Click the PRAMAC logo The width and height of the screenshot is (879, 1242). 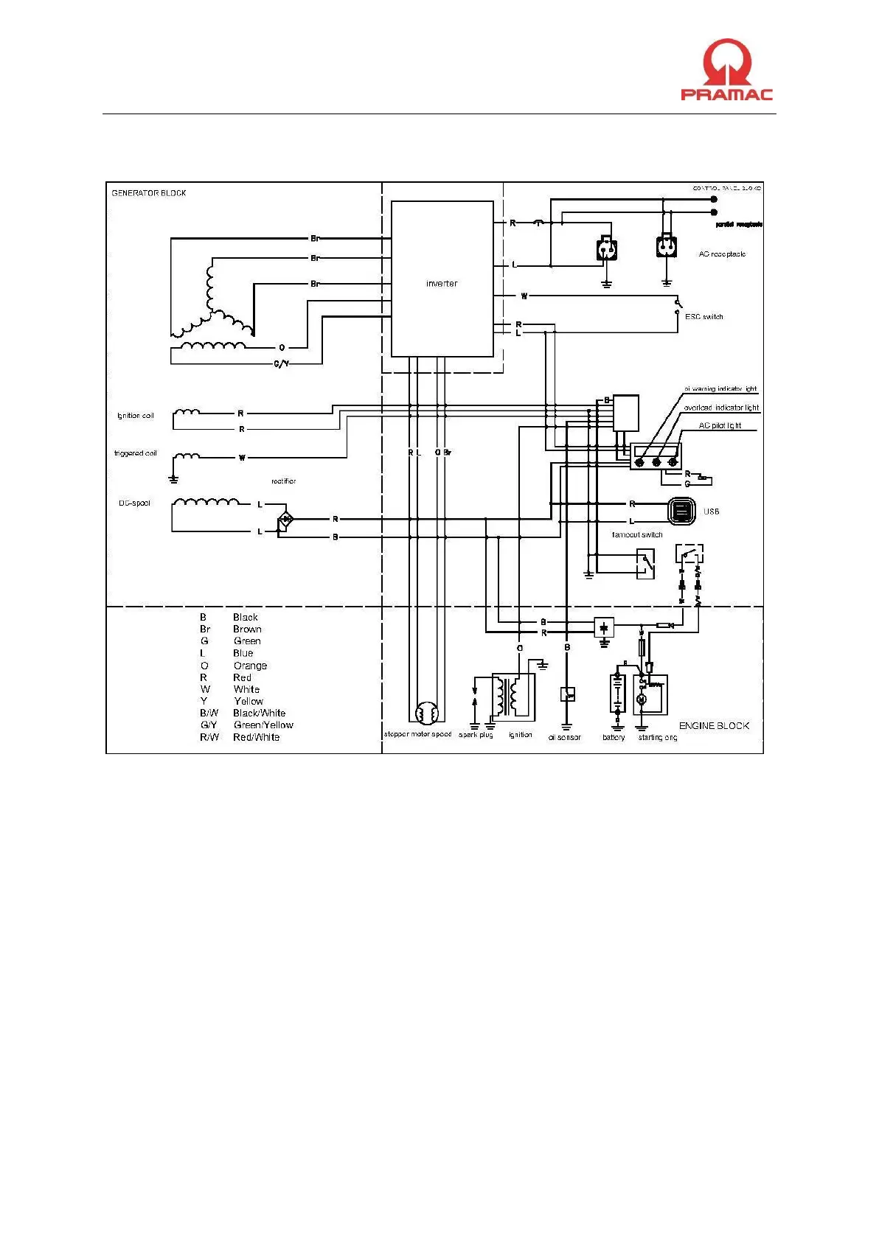pos(726,70)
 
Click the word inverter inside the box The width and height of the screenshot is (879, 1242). pos(442,284)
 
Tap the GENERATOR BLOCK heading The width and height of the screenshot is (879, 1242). pos(149,193)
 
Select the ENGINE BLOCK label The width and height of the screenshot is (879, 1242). pos(714,726)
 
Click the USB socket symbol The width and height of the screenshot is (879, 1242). pos(682,511)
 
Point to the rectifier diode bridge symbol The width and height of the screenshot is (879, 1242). pos(285,520)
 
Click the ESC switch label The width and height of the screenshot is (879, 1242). pos(703,317)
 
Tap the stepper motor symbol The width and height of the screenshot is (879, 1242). pos(425,714)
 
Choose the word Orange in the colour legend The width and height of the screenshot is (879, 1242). pos(250,666)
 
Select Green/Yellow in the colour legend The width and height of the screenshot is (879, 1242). pos(263,725)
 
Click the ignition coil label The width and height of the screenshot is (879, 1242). pos(136,416)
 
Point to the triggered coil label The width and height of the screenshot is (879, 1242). pos(136,453)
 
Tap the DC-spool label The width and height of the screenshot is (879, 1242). pos(134,503)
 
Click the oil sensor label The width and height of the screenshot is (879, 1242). pos(565,737)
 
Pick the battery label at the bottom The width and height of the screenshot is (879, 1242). pos(614,737)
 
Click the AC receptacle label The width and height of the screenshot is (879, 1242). pos(722,254)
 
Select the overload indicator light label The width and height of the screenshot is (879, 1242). pos(721,408)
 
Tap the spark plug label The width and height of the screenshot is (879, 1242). pos(476,735)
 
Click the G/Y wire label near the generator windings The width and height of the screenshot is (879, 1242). pos(281,364)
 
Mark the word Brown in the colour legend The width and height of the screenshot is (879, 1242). pos(247,629)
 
